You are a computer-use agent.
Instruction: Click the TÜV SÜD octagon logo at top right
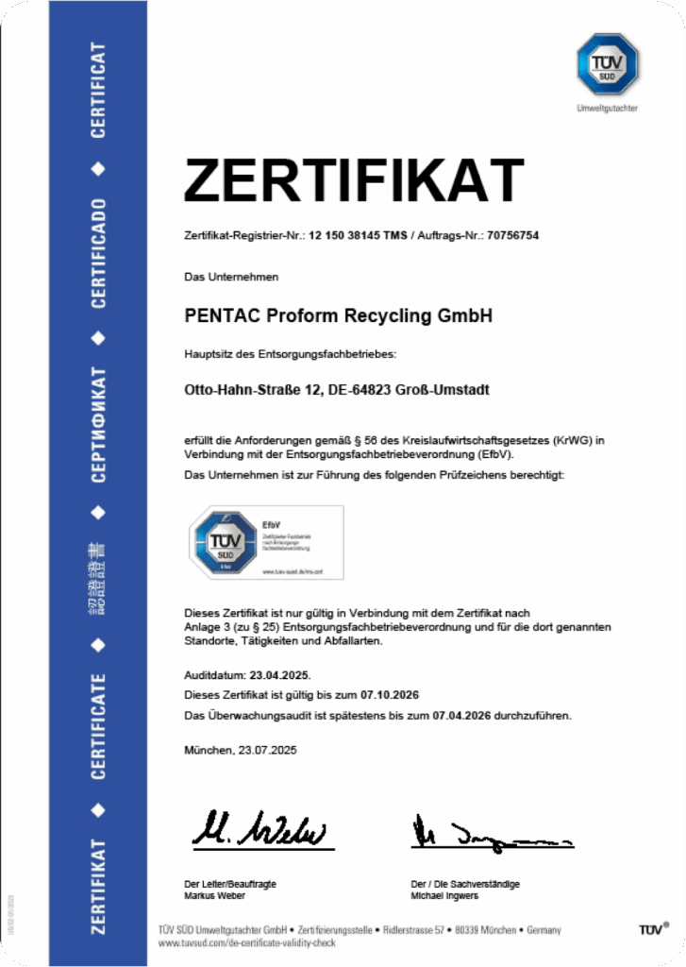coord(608,63)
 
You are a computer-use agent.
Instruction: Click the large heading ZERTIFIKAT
coord(354,179)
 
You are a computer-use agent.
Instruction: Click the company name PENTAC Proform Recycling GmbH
coord(339,316)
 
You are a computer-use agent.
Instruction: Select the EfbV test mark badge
coord(265,542)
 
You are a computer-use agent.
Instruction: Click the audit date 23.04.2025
coord(277,676)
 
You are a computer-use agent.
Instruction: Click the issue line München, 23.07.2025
coord(241,750)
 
